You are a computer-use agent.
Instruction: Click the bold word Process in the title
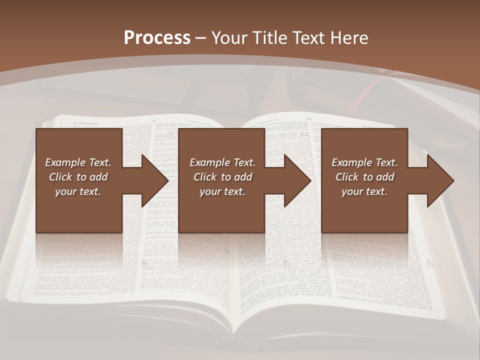157,38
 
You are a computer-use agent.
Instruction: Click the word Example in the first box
65,162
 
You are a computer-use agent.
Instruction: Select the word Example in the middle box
210,162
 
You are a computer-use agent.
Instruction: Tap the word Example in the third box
352,162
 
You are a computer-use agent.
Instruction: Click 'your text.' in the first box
78,191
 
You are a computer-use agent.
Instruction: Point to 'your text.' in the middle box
222,191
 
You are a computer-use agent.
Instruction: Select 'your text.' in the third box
364,191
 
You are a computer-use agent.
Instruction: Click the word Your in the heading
229,38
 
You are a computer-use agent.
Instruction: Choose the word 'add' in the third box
384,177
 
